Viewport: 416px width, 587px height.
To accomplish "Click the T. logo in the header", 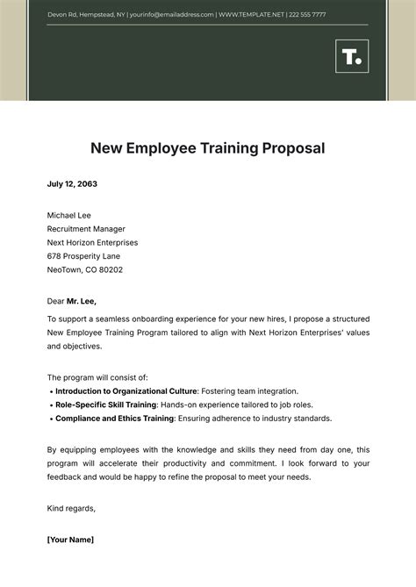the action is (351, 57).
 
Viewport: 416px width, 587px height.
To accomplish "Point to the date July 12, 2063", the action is (72, 184).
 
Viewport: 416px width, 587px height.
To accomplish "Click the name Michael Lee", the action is (68, 215).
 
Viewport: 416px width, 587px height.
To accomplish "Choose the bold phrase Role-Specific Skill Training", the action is (105, 404).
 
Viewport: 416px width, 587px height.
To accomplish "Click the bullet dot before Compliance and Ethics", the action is (51, 419).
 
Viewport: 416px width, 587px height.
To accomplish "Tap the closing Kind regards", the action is (71, 508).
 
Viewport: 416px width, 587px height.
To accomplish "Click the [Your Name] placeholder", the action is (70, 539).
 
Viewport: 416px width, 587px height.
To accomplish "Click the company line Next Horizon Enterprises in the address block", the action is (92, 242).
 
